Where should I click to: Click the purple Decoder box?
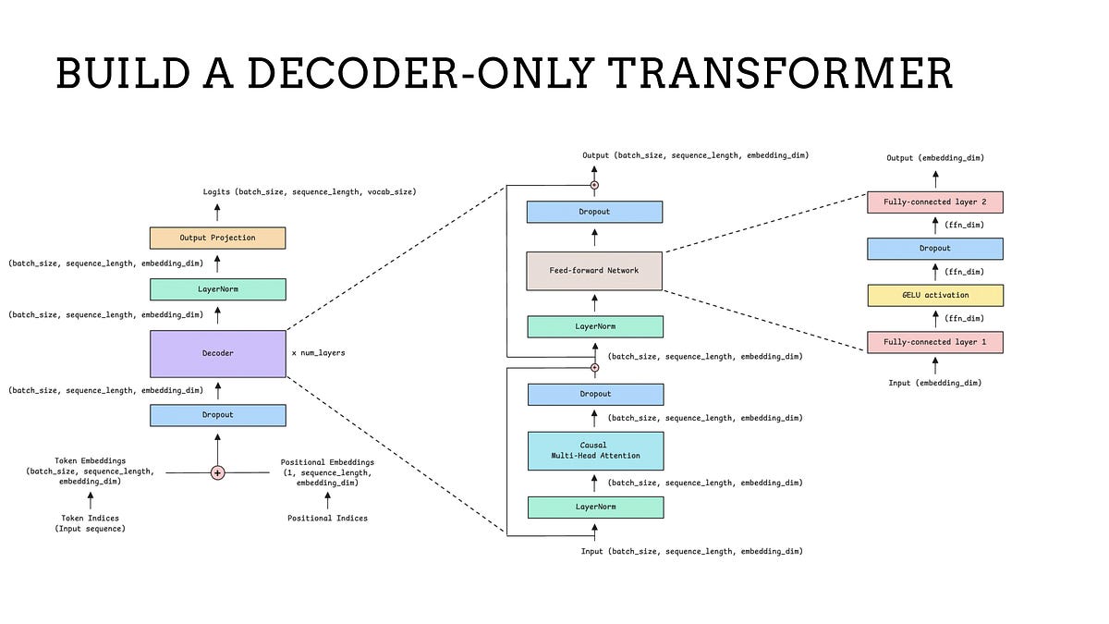tap(218, 353)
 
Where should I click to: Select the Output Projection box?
tap(218, 238)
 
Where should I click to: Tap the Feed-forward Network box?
tap(594, 271)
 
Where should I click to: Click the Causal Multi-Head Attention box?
tap(595, 450)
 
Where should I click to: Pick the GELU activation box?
tap(934, 296)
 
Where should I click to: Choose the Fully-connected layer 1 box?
tap(934, 342)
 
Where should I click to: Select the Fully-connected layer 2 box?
tap(934, 202)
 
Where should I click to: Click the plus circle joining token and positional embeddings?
tap(218, 472)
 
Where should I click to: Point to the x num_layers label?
tap(319, 353)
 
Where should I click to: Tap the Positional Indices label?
tap(327, 519)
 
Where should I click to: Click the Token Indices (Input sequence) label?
tap(90, 523)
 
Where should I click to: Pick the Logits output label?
tap(310, 191)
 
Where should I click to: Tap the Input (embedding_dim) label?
tap(934, 383)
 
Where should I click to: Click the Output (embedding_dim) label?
tap(934, 158)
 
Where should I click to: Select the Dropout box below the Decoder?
tap(218, 415)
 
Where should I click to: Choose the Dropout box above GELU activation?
tap(934, 249)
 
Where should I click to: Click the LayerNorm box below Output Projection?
tap(218, 289)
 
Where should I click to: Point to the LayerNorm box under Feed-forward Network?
tap(594, 326)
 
